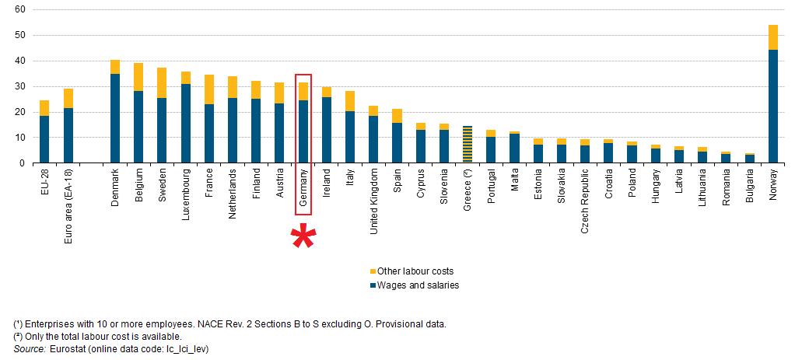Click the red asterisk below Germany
[303, 236]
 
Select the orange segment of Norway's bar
[772, 37]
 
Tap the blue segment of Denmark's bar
[115, 118]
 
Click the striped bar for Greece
[468, 144]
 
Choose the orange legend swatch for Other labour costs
[373, 271]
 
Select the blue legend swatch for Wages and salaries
[373, 285]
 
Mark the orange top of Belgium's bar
[138, 77]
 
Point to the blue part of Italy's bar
[350, 137]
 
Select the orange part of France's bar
[209, 89]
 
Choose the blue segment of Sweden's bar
[162, 131]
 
